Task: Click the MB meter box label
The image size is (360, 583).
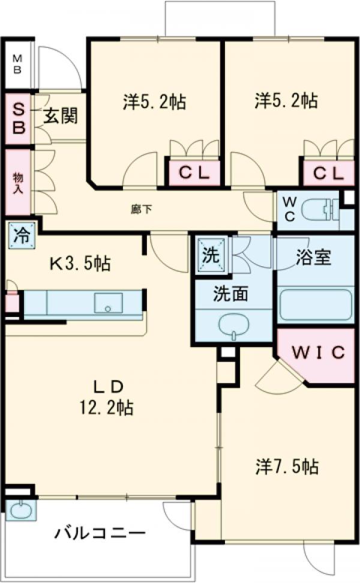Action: pos(17,64)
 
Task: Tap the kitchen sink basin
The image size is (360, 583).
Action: pos(108,303)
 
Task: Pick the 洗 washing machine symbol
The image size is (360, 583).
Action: pos(211,255)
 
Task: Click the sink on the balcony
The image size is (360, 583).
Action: pos(20,510)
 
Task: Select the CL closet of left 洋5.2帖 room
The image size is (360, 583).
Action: pos(193,174)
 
